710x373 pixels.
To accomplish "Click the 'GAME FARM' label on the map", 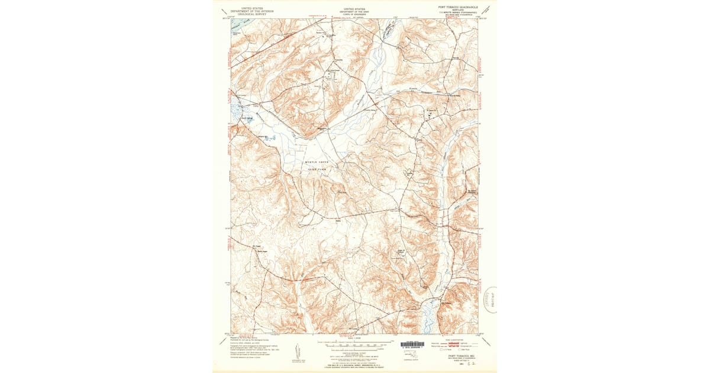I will tap(317, 169).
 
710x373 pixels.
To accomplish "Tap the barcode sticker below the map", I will tap(412, 345).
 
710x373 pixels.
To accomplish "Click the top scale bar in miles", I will tap(354, 342).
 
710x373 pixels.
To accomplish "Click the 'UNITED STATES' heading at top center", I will tap(354, 9).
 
